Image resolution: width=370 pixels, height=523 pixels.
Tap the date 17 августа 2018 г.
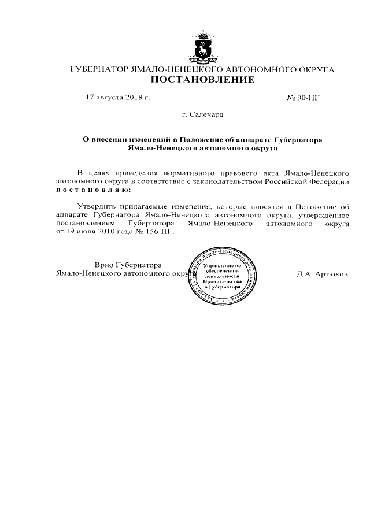[x=117, y=98]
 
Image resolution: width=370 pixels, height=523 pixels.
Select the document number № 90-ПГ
[x=304, y=98]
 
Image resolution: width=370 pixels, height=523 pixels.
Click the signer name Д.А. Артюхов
[x=323, y=274]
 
